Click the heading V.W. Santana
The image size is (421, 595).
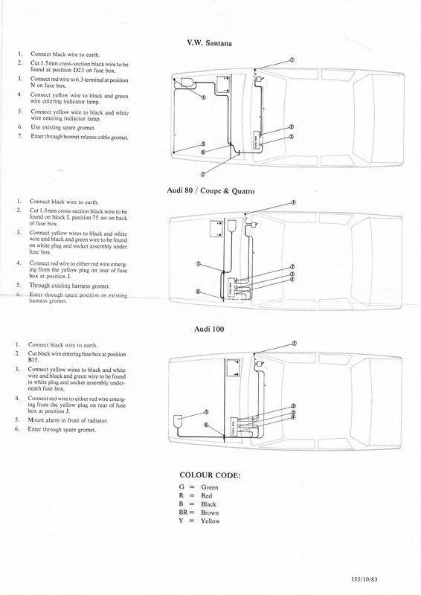(209, 43)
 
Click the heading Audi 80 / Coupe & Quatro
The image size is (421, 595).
(210, 191)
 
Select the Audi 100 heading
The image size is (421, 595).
(210, 328)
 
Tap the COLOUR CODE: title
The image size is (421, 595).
(210, 475)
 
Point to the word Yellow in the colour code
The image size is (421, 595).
(210, 521)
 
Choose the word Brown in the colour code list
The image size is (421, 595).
(210, 512)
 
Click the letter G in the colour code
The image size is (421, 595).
(182, 487)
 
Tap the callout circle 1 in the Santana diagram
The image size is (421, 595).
(292, 60)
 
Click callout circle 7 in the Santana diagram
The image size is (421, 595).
(203, 173)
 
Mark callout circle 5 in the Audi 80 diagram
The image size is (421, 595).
(199, 263)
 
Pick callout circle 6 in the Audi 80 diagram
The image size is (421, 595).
(199, 292)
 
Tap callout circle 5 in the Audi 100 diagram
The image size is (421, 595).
(206, 411)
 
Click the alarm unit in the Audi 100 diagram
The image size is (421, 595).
(179, 421)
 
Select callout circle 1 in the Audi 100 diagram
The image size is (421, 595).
(294, 343)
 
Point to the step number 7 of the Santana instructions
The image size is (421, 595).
(20, 137)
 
